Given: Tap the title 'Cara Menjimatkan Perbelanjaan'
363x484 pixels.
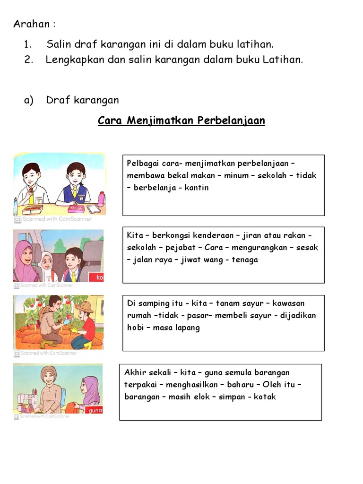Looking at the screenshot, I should (181, 121).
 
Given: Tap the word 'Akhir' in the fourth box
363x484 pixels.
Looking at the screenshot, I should (135, 372).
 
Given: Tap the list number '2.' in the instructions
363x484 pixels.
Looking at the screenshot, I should (27, 60).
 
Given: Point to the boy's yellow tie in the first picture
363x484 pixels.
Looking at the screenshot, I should (31, 199).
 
